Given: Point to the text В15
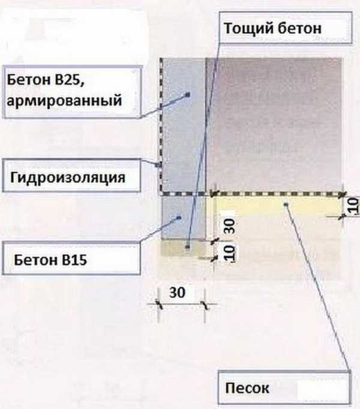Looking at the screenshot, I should [74, 260].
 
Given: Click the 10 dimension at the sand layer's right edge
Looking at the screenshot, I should [353, 206].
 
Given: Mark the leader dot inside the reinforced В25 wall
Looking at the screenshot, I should [188, 94].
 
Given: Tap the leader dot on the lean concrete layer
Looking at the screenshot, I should [188, 246].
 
